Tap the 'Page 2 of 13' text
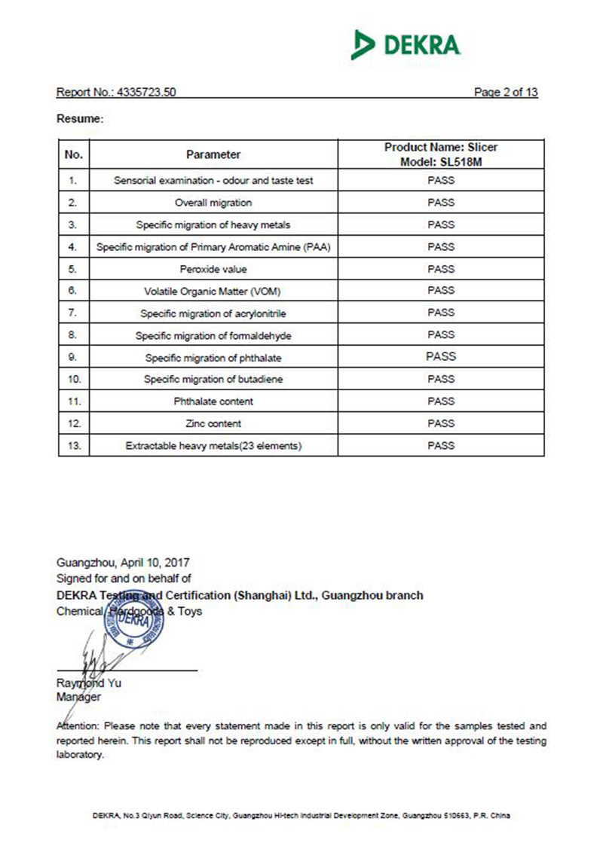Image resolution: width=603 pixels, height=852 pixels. [505, 93]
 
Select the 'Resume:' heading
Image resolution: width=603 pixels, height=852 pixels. [79, 119]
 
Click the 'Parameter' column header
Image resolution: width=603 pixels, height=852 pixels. [213, 154]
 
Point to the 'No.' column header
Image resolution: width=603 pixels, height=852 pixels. [73, 154]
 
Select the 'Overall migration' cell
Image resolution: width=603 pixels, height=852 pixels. [213, 203]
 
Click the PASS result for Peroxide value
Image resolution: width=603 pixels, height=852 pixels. [441, 269]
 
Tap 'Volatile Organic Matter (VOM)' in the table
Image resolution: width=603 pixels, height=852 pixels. [213, 291]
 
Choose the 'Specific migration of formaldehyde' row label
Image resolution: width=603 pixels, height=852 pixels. [213, 335]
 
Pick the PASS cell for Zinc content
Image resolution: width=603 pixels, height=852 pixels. [441, 423]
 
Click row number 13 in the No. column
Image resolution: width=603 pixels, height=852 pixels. [73, 446]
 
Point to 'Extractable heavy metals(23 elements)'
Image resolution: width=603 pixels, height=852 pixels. [213, 446]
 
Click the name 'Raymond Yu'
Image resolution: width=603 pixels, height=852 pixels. [88, 683]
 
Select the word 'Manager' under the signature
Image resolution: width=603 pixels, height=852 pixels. [78, 698]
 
